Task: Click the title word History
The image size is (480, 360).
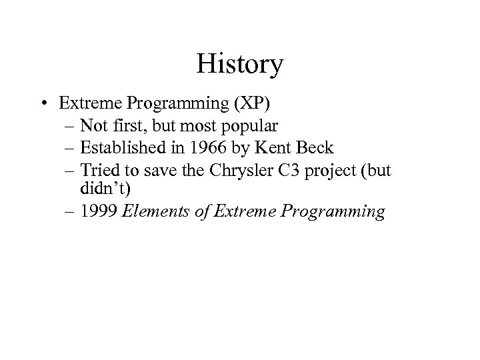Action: (240, 65)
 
